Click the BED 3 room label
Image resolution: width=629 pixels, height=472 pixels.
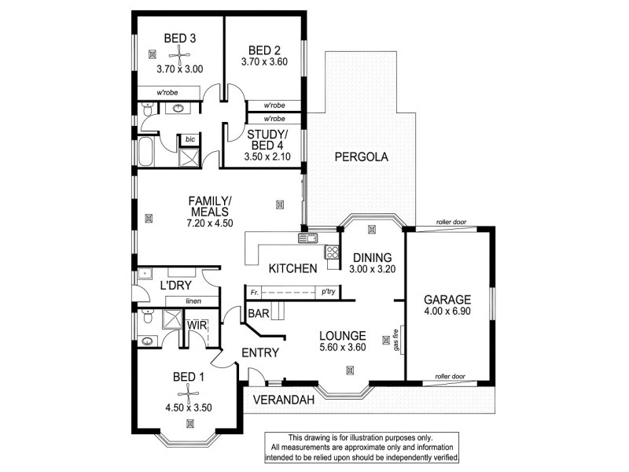click(179, 37)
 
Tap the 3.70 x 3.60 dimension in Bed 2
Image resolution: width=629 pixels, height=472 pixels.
click(263, 61)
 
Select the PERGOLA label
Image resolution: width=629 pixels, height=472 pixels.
click(362, 157)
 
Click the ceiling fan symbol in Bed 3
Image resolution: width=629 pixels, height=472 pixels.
click(180, 53)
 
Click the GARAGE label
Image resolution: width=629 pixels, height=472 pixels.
click(447, 300)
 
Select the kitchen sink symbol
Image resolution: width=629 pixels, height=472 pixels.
click(306, 238)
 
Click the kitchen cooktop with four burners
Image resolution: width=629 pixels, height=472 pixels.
click(333, 253)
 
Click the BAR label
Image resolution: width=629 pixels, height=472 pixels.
click(258, 312)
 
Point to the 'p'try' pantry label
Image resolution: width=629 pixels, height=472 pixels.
click(329, 292)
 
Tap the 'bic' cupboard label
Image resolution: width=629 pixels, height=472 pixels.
click(189, 139)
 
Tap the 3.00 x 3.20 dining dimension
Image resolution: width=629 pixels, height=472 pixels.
click(373, 269)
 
